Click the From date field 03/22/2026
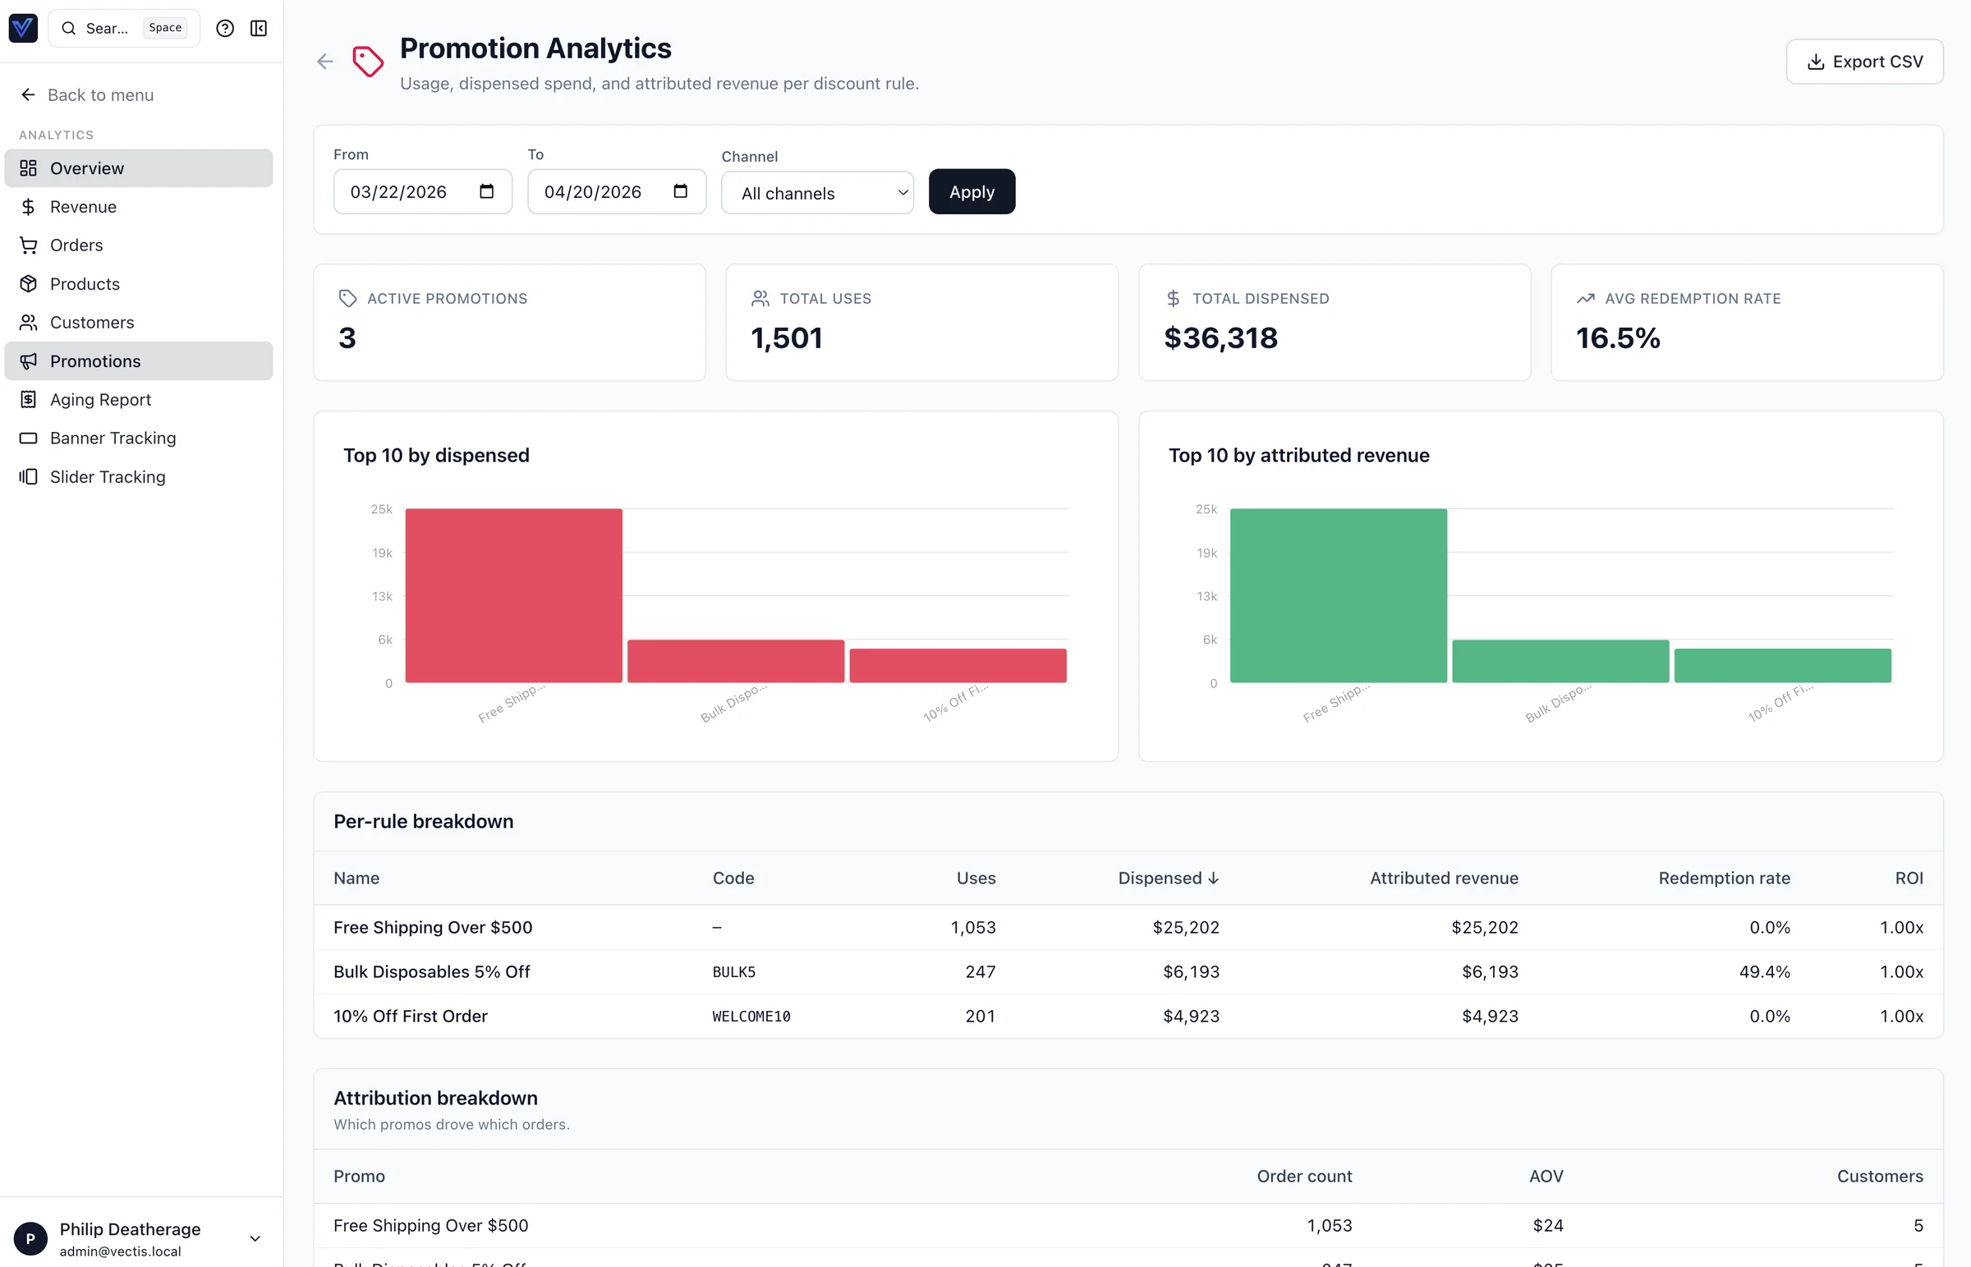[399, 191]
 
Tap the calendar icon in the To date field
[679, 191]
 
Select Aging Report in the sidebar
[100, 400]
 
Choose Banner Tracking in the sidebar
[113, 438]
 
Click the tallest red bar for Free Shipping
[513, 594]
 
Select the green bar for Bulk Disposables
[1560, 661]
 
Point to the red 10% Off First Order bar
[958, 666]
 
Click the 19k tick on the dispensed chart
[382, 553]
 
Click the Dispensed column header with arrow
[1167, 878]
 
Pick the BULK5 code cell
[733, 971]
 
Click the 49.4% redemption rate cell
[1764, 971]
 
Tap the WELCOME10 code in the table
[751, 1016]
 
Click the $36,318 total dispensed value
[1220, 338]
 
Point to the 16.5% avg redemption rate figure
[1617, 338]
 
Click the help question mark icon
[224, 29]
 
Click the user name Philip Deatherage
[130, 1228]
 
